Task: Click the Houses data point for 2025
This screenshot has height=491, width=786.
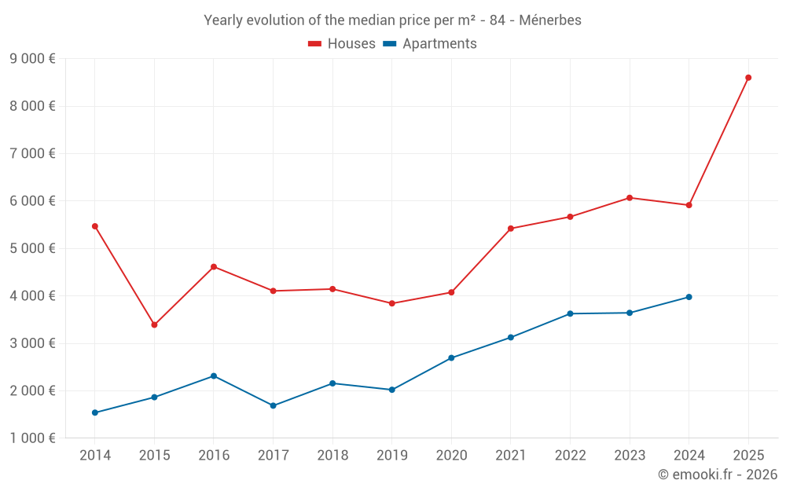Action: click(748, 78)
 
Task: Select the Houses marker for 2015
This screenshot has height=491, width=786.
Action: click(154, 324)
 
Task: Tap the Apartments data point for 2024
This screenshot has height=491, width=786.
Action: click(689, 297)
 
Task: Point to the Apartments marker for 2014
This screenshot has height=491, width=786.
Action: click(94, 412)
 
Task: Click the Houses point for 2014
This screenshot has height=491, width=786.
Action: click(94, 226)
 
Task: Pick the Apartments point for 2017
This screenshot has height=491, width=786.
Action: click(273, 405)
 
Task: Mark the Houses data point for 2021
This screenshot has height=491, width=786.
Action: click(510, 229)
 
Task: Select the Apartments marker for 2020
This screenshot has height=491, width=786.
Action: click(451, 358)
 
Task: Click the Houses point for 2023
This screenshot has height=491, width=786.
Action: click(630, 198)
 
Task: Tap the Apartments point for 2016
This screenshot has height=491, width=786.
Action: click(214, 376)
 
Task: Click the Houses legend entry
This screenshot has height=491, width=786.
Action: click(342, 44)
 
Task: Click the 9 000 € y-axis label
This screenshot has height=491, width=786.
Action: click(32, 59)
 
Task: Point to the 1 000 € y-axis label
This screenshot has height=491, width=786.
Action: click(32, 438)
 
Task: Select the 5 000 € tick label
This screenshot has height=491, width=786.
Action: click(32, 248)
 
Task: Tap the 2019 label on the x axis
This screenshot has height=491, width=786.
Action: click(391, 456)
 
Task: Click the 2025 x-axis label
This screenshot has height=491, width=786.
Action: click(748, 456)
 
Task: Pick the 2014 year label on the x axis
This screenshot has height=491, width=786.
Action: click(94, 456)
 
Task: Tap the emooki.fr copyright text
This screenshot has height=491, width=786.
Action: click(718, 475)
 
